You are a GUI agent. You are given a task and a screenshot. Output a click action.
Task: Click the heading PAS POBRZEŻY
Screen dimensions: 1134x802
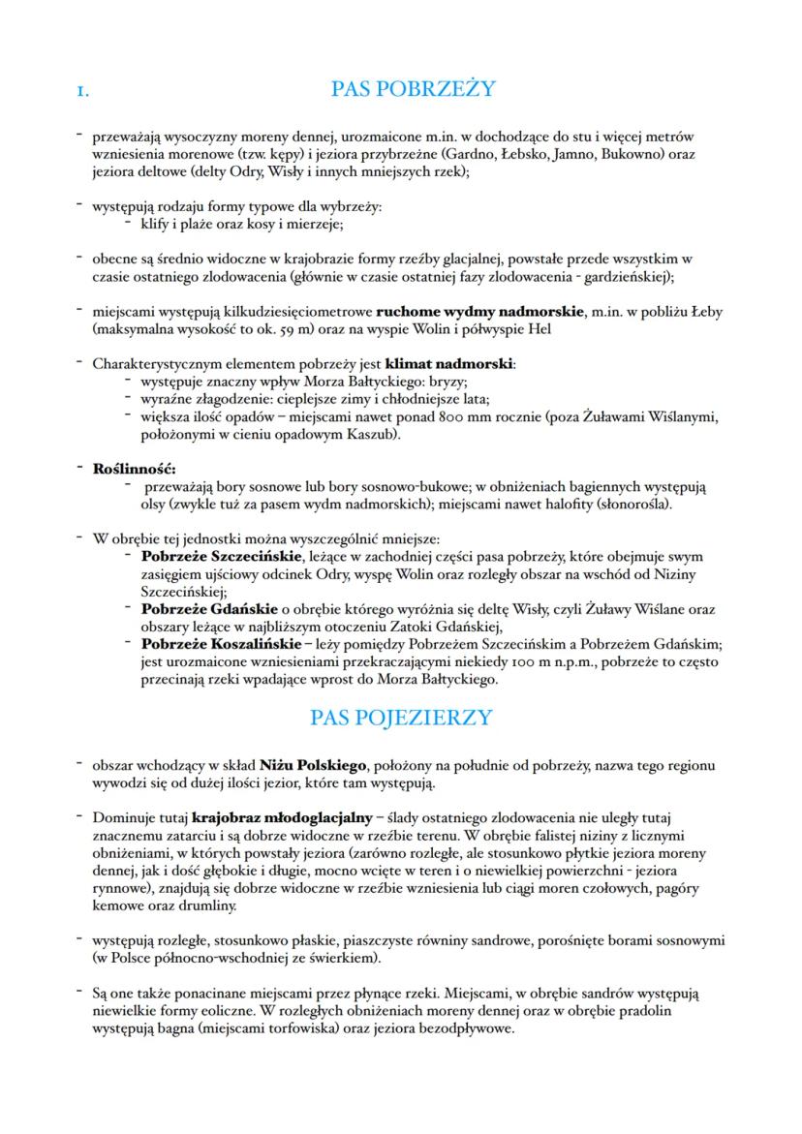(413, 89)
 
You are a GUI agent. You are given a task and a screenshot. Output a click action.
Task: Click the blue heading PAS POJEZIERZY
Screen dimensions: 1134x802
(401, 718)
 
